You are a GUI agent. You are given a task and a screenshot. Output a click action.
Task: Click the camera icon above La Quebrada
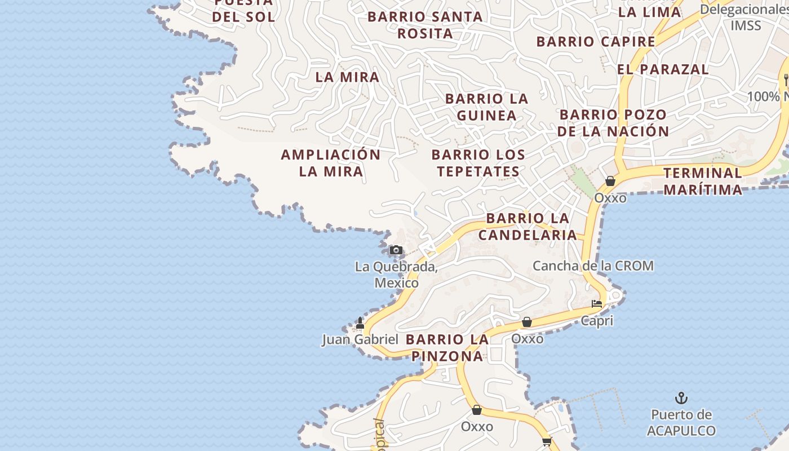pos(396,250)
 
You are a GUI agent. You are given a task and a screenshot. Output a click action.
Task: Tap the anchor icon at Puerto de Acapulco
pos(681,399)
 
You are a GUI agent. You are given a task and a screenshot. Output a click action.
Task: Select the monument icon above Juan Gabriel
pos(360,323)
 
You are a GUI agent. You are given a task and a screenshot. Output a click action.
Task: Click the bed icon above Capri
pos(597,304)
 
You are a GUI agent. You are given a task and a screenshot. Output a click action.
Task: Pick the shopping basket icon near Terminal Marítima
pos(610,181)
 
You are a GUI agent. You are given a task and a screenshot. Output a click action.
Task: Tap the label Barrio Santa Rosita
pos(425,25)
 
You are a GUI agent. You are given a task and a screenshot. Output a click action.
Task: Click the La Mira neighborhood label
pos(347,77)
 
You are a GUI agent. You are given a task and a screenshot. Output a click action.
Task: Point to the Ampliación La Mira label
pos(331,163)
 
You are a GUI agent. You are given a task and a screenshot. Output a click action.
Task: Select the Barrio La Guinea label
pos(487,107)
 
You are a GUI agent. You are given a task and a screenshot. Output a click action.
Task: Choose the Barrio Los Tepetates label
pos(478,163)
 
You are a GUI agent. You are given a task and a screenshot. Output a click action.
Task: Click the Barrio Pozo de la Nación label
pos(613,123)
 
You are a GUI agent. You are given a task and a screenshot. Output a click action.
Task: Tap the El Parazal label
pos(663,69)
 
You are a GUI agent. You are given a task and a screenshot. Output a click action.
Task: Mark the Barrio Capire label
pos(596,42)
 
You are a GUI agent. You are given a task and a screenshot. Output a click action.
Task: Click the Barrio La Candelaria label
pos(528,227)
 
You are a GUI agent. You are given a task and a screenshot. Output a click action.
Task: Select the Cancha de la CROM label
pos(593,266)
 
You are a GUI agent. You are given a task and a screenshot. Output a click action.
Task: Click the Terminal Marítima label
pos(703,181)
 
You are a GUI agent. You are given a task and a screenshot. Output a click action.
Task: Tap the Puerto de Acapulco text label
pos(681,423)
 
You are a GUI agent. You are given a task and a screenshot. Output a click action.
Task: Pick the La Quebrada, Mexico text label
pos(396,275)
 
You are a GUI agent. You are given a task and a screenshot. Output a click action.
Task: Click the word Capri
pos(597,321)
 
